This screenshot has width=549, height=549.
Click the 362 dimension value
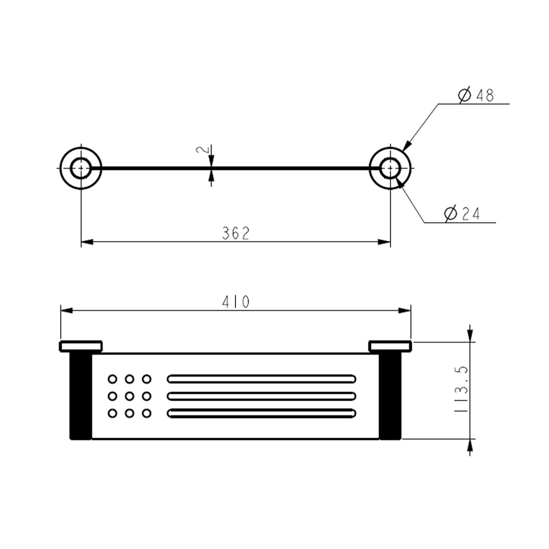(x=236, y=233)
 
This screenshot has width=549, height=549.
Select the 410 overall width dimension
(x=236, y=302)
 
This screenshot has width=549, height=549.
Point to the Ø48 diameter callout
(x=476, y=95)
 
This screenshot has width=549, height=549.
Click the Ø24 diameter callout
(x=462, y=214)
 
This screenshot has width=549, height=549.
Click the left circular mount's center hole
(x=80, y=168)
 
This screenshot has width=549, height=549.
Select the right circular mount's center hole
(x=390, y=168)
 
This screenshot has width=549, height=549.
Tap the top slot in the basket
(x=261, y=379)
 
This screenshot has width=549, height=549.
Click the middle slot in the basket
(x=261, y=396)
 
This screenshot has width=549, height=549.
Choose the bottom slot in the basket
(x=261, y=413)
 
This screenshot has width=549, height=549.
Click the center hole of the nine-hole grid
(x=130, y=396)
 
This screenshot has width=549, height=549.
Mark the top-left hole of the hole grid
(x=112, y=379)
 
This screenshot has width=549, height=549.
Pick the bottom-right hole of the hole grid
(x=147, y=413)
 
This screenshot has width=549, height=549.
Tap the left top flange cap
(x=81, y=346)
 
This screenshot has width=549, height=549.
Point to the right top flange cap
(x=390, y=346)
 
